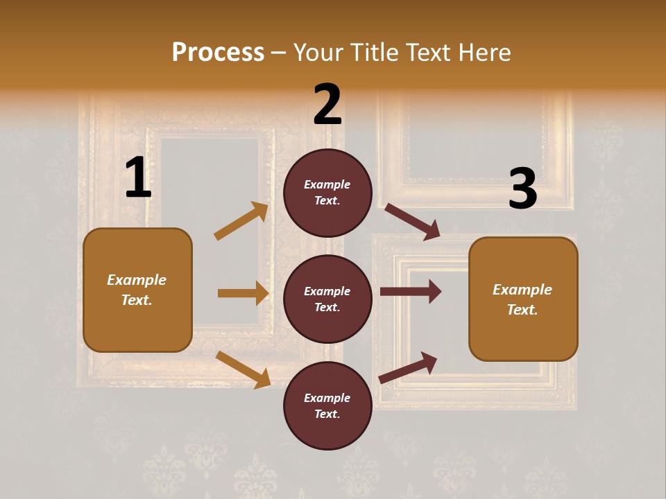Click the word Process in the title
[218, 52]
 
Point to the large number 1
[138, 179]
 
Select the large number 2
[327, 105]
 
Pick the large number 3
[522, 189]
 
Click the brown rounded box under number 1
[137, 290]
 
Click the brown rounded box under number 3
[523, 299]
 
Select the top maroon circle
[327, 192]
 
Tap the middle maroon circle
[327, 299]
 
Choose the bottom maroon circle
[327, 405]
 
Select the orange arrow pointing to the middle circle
[243, 293]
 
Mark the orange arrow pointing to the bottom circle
[243, 369]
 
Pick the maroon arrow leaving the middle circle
[411, 292]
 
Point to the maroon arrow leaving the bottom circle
[408, 368]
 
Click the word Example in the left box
[137, 280]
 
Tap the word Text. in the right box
[522, 310]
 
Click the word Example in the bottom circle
[327, 398]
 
